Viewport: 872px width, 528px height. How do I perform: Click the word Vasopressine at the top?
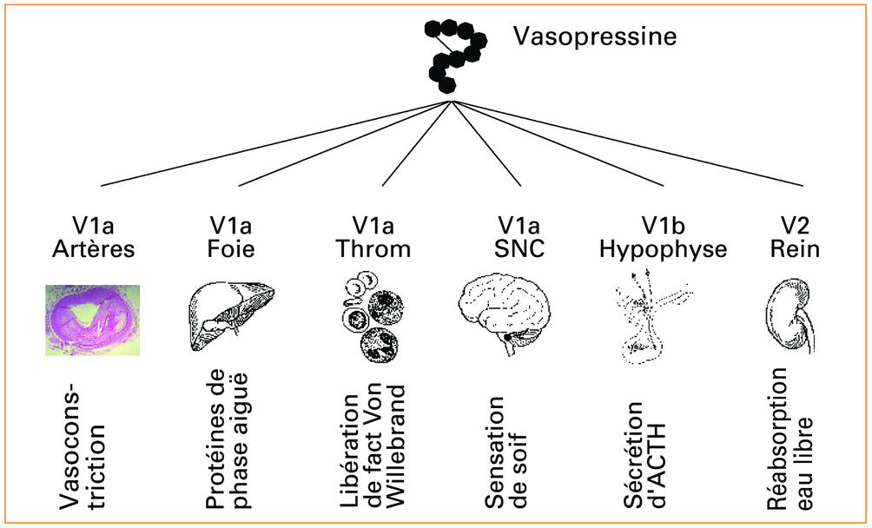593,37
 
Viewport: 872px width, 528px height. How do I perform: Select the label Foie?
231,249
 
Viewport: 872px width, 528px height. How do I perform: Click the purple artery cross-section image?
93,319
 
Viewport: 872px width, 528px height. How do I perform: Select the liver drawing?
222,318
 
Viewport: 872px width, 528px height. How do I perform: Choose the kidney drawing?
789,318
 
